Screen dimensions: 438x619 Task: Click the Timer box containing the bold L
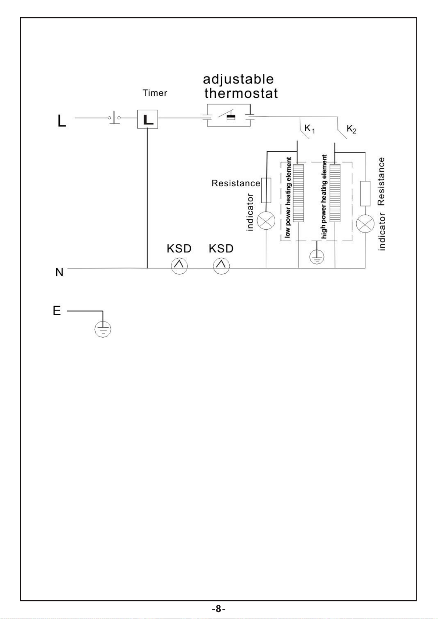148,119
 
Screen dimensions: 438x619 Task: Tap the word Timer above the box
155,93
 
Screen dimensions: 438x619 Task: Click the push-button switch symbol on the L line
114,118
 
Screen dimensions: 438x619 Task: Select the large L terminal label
62,121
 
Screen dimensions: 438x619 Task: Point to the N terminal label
60,272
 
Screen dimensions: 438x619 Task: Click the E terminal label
57,311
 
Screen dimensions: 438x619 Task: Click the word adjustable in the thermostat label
238,79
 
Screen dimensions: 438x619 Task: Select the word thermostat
241,93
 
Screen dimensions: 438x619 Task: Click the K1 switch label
309,129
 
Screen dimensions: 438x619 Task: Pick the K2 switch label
352,129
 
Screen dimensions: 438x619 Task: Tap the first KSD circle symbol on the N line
179,266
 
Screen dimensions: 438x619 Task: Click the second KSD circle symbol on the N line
221,266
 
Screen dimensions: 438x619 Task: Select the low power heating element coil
298,193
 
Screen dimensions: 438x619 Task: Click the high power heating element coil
335,193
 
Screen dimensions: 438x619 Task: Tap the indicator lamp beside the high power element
365,224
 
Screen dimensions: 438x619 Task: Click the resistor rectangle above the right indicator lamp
365,194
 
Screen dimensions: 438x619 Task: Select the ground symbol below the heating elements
317,257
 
